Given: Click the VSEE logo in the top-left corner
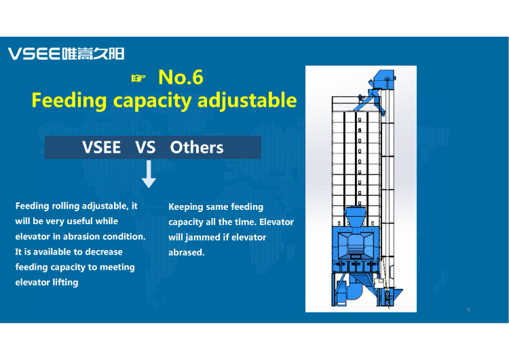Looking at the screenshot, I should click(65, 54).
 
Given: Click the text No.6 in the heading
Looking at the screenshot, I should click(181, 77).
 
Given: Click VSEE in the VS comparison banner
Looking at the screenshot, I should click(101, 147).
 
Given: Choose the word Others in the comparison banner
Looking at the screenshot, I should click(197, 147).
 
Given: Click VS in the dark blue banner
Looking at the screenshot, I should click(145, 147).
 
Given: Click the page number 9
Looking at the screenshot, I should click(468, 310).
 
